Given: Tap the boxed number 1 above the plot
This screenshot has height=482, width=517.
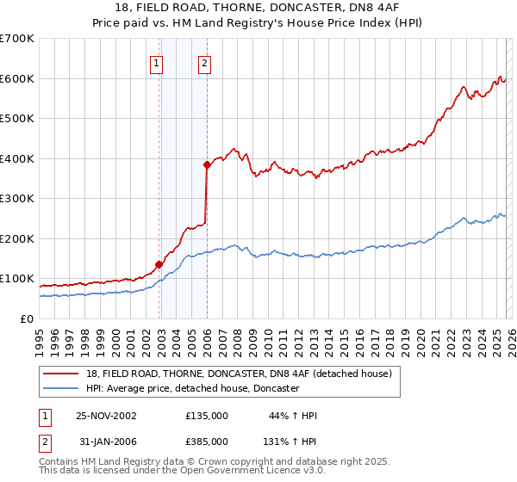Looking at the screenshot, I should coord(156,62).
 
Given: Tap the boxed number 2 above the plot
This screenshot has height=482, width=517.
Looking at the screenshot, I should coord(204,62).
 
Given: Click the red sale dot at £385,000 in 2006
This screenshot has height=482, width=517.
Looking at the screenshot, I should coord(207,164).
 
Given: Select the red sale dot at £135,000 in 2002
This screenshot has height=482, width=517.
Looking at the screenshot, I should coord(159,264).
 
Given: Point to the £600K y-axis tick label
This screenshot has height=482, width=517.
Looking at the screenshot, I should coord(17,78).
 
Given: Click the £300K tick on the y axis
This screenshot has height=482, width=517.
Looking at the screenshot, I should coord(17,199).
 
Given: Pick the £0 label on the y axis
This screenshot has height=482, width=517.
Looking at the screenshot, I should coord(28,318).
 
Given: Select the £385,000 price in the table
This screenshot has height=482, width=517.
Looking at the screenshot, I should coord(206,441).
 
